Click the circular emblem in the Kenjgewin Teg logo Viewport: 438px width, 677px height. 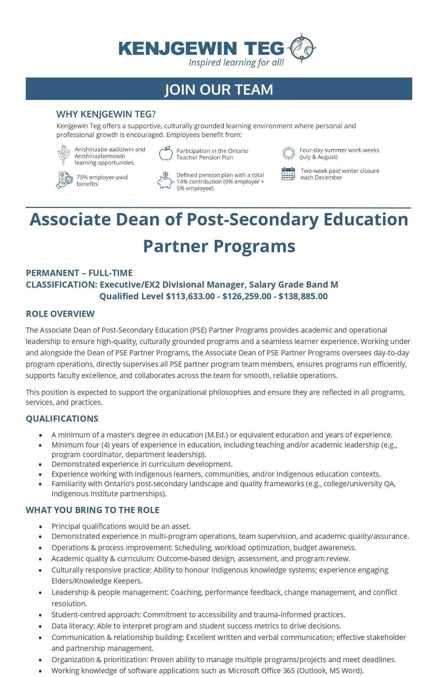(302, 48)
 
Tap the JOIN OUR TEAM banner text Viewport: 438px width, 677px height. (219, 89)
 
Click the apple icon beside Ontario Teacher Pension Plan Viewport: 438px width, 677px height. (166, 154)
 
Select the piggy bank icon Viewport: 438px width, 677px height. (165, 181)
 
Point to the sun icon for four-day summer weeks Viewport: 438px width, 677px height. (288, 153)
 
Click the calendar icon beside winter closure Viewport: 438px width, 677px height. (288, 174)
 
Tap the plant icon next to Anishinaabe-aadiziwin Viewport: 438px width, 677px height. (64, 155)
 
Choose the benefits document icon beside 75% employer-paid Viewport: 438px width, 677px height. (64, 180)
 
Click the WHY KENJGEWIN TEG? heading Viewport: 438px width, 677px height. (106, 114)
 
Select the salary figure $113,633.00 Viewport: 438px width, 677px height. (190, 296)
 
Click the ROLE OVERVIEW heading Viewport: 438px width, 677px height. (60, 314)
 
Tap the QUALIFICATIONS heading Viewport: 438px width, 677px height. (62, 419)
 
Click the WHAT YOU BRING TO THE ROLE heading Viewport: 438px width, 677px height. (92, 510)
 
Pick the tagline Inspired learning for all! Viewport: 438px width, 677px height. (236, 63)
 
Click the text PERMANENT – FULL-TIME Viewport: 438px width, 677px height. (79, 273)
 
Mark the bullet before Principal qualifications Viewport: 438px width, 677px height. (41, 526)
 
